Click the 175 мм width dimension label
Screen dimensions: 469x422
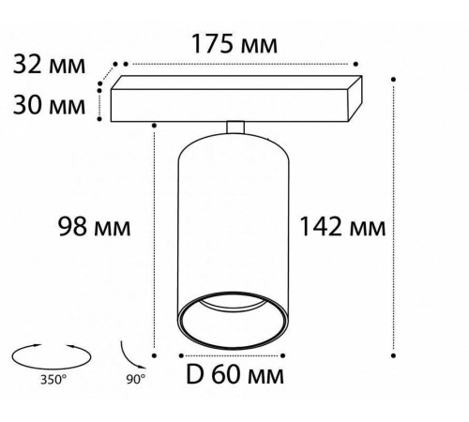(x=234, y=43)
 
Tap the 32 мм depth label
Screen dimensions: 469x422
(x=49, y=64)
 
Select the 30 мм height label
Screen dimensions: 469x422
(x=49, y=104)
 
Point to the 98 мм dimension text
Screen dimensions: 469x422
(x=95, y=226)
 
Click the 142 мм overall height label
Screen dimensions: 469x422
(x=342, y=226)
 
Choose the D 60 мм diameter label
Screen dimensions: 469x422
(x=235, y=374)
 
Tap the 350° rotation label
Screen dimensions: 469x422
(x=53, y=380)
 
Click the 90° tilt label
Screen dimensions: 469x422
(x=136, y=379)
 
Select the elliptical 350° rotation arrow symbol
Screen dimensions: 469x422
(x=52, y=369)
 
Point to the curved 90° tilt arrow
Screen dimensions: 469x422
(x=129, y=358)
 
